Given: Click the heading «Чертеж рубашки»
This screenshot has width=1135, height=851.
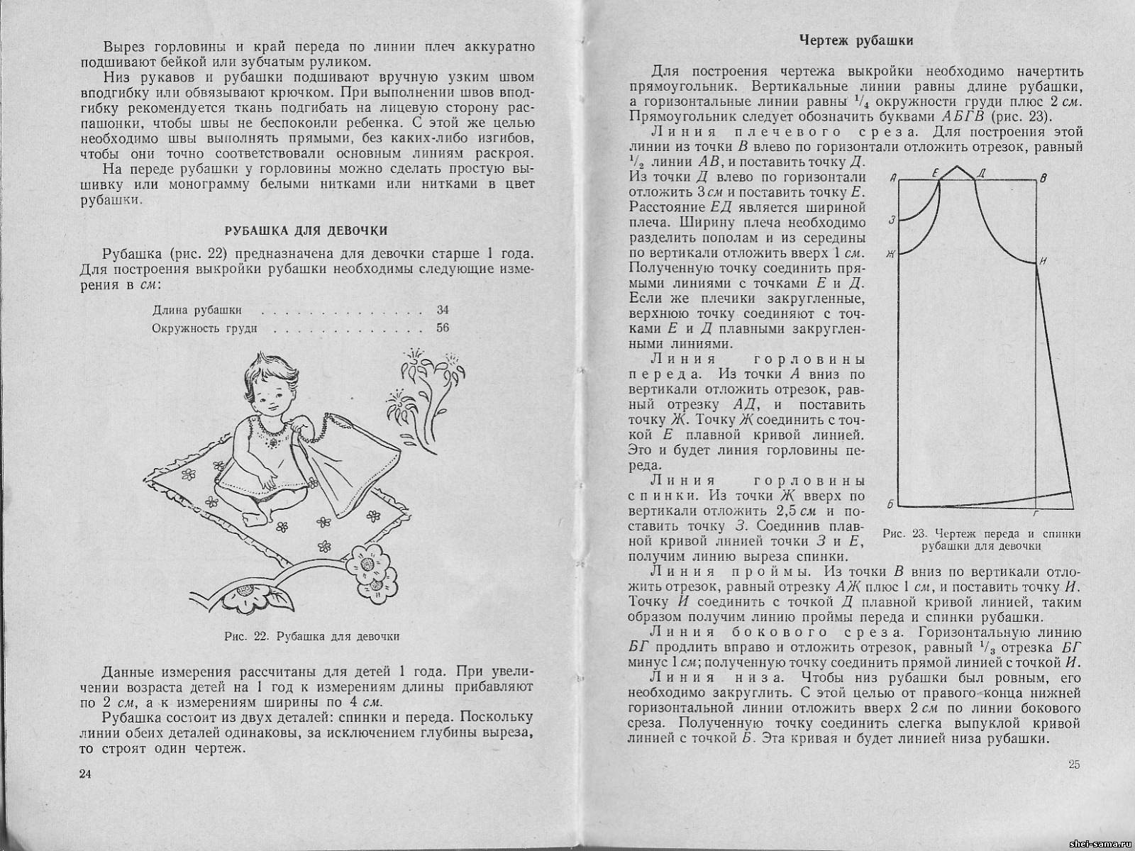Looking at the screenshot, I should pos(856,40).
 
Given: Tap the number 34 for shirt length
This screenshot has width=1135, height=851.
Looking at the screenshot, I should pos(443,310).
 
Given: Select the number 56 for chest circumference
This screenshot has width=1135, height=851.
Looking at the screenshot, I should pos(443,328).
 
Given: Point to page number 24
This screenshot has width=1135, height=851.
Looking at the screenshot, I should pos(86,774).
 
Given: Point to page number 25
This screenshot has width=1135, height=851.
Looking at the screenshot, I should pos(1073,764).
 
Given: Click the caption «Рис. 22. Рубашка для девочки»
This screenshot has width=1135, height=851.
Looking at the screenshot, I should pos(312,636).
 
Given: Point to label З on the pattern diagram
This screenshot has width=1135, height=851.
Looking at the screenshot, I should pos(891,221).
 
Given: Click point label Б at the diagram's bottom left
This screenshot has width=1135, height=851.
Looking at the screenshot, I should pos(890,504).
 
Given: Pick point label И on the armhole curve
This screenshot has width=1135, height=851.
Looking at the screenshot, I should pos(1042,262).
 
